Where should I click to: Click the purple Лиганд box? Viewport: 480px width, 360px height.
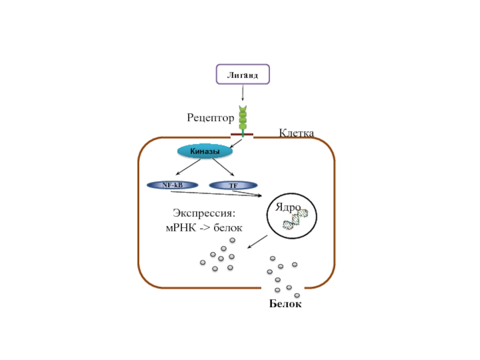(242, 74)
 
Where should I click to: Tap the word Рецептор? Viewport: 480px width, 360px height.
(210, 119)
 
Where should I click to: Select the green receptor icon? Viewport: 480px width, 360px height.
(242, 119)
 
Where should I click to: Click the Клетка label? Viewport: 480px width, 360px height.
(296, 133)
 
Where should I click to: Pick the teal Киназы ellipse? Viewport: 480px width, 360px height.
(205, 151)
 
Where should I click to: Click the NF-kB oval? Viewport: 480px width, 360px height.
(172, 185)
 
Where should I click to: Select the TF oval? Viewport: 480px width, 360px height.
(233, 185)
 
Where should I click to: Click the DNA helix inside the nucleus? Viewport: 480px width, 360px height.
(296, 220)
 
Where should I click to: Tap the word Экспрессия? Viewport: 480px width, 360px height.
(203, 213)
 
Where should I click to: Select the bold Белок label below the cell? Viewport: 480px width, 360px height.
(285, 305)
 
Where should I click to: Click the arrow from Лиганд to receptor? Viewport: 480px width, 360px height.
(242, 93)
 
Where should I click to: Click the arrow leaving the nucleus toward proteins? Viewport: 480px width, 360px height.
(257, 241)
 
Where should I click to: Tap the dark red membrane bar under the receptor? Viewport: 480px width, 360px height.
(242, 134)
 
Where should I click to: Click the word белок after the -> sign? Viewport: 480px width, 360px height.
(227, 228)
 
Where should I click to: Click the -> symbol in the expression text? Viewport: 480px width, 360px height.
(203, 228)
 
